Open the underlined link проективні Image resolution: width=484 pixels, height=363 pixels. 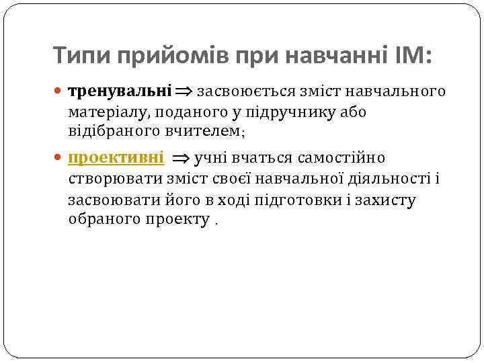point(116,158)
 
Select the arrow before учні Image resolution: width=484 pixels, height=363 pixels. point(181,159)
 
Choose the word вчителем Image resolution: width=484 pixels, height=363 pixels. point(202,131)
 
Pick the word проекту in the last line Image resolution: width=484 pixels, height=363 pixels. point(177,220)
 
